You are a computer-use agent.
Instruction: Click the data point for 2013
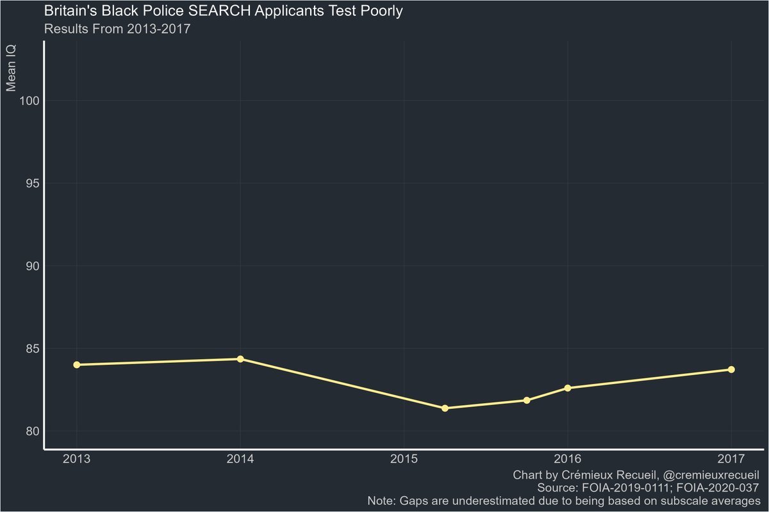[77, 365]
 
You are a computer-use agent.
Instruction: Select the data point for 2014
[240, 359]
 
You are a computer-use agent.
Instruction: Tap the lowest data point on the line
[445, 408]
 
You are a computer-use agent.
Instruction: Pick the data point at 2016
[568, 388]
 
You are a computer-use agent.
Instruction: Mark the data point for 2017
[731, 369]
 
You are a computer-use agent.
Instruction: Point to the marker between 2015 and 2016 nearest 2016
[527, 400]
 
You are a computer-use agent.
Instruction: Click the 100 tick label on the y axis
[29, 100]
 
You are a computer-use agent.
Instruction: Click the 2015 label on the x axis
[404, 459]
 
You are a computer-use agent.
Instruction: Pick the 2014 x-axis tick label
[240, 459]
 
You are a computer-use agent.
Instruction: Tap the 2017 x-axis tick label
[731, 459]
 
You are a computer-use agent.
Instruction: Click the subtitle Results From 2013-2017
[117, 29]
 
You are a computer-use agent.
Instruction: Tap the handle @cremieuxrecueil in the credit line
[702, 476]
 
